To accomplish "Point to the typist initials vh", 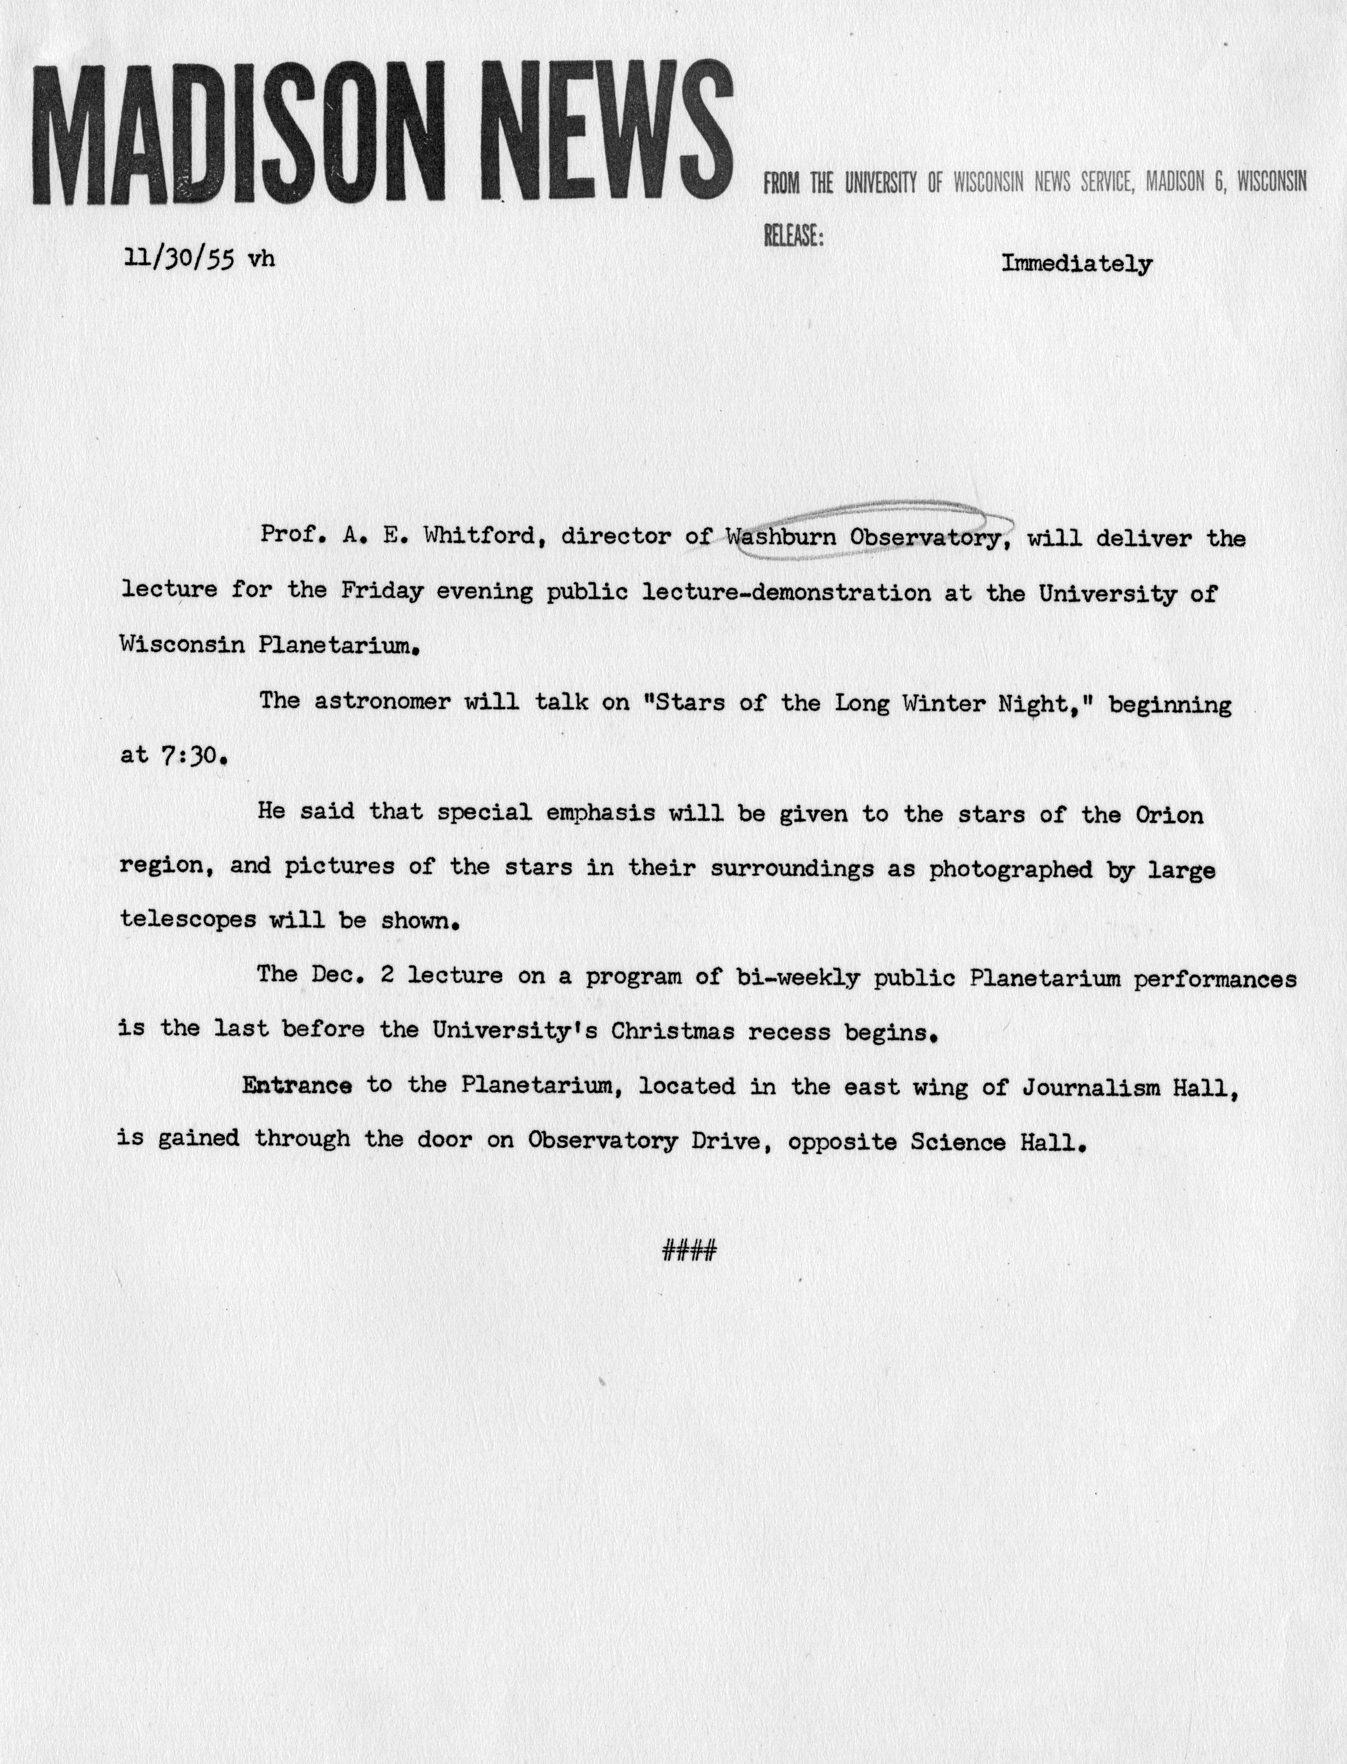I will click(x=261, y=259).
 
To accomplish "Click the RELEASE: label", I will click(x=793, y=236).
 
